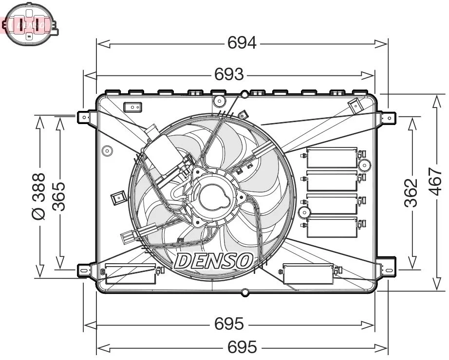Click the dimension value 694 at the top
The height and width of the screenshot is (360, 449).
242,44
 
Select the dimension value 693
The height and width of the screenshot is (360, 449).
229,74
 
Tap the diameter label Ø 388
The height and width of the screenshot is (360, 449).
38,196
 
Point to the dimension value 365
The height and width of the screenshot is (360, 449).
59,196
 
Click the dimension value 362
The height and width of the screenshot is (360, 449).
412,193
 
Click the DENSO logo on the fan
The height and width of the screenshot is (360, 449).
213,261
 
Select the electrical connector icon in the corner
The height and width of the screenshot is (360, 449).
30,24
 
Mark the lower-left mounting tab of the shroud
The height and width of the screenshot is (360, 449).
84,270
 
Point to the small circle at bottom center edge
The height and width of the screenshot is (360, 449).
245,292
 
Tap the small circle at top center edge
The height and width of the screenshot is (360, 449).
244,94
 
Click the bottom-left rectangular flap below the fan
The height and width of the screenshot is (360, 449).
131,274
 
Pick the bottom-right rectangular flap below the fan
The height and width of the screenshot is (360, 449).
308,273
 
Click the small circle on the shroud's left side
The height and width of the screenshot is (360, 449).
107,151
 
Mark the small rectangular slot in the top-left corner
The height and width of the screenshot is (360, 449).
132,107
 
